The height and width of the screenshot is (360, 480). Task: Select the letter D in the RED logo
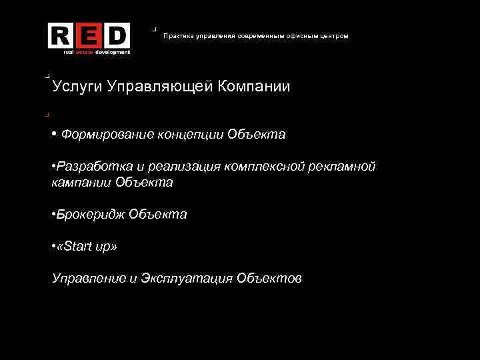tap(116, 35)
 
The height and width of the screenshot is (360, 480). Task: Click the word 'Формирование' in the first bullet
tap(107, 135)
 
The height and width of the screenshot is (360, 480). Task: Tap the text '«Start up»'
tap(87, 247)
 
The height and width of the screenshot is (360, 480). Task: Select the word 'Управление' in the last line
tap(88, 278)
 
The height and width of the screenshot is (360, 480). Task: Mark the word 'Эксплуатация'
tap(187, 278)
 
